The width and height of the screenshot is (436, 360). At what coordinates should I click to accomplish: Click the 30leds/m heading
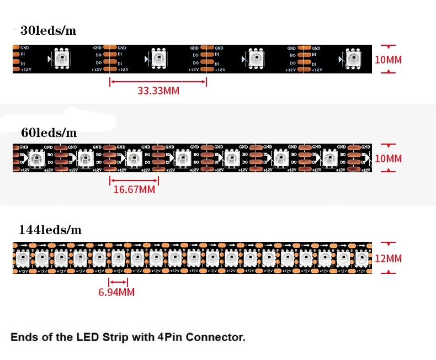48,31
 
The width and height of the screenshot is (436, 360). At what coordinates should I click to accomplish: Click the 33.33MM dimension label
158,91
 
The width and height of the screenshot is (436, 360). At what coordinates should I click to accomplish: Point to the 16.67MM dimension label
134,190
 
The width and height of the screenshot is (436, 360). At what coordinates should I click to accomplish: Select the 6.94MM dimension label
116,292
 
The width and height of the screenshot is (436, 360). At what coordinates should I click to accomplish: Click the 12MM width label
389,258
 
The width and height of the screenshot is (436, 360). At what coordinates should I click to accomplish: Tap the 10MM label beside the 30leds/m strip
389,60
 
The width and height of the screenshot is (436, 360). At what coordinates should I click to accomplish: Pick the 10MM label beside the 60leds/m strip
389,159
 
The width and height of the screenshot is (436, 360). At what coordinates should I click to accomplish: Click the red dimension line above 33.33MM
158,82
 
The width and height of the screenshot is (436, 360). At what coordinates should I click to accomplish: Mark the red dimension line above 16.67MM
134,180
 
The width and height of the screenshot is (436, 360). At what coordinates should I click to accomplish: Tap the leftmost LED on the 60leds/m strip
36,158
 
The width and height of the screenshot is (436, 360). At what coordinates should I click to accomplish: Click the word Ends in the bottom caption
23,337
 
